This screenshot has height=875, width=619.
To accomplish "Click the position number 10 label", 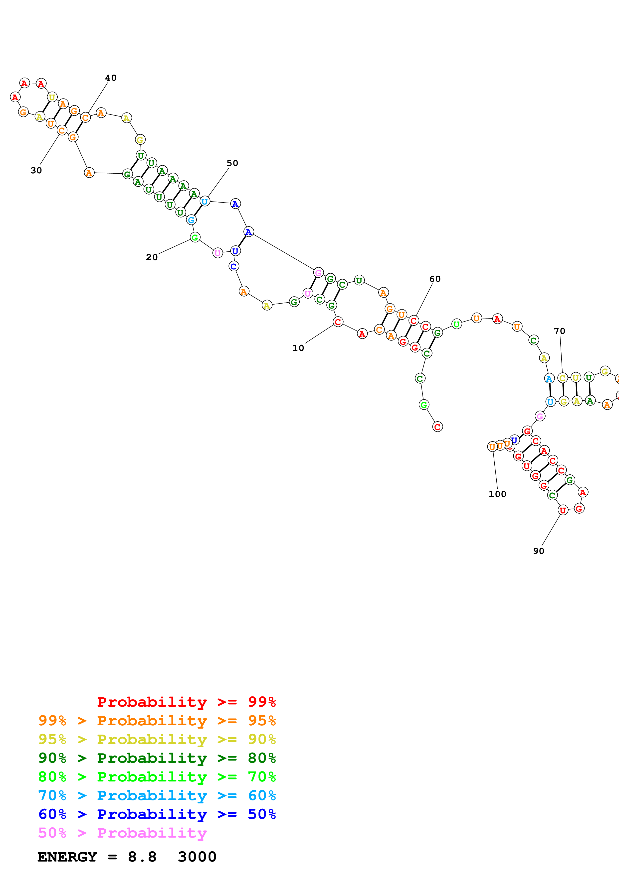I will click(x=298, y=348).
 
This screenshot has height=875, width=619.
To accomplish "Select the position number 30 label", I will click(x=36, y=170).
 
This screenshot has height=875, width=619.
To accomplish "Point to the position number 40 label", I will click(x=111, y=78).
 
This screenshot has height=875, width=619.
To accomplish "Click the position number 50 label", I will click(x=232, y=163).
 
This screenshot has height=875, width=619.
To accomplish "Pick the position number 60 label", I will click(x=435, y=279).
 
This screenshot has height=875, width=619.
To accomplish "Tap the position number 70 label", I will click(x=559, y=331).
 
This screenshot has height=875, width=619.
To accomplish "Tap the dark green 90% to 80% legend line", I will click(x=157, y=758).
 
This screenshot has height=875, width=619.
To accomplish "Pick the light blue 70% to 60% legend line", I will click(x=157, y=795).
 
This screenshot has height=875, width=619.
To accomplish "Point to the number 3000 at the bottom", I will click(x=197, y=857).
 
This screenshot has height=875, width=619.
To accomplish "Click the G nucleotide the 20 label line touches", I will click(x=195, y=237).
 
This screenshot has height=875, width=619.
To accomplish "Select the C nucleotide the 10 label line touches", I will click(x=338, y=322).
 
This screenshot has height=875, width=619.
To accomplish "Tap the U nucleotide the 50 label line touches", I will click(x=205, y=201).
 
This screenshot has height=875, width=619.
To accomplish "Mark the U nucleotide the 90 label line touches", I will click(x=563, y=510).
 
